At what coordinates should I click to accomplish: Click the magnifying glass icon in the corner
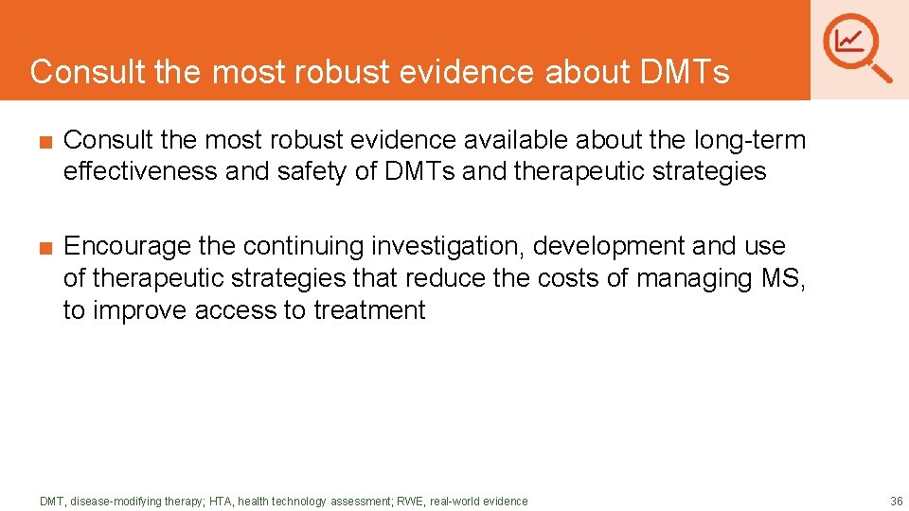click(x=857, y=46)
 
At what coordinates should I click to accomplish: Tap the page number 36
click(x=896, y=501)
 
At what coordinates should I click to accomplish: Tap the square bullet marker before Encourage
click(x=45, y=247)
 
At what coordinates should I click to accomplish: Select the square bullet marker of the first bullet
click(x=45, y=142)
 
